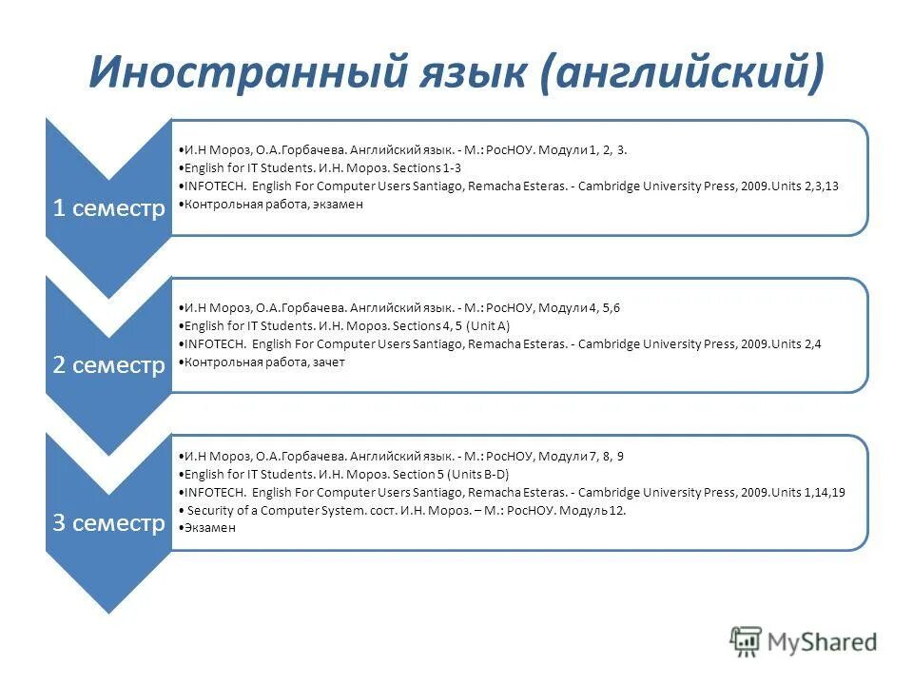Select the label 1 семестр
tap(108, 208)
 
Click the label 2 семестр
tap(108, 365)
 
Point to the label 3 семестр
tap(108, 523)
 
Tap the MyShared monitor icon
tap(748, 642)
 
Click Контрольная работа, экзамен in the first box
tap(274, 204)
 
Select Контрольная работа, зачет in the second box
tap(265, 362)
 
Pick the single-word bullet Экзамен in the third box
tap(209, 528)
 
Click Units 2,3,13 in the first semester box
tap(806, 186)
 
